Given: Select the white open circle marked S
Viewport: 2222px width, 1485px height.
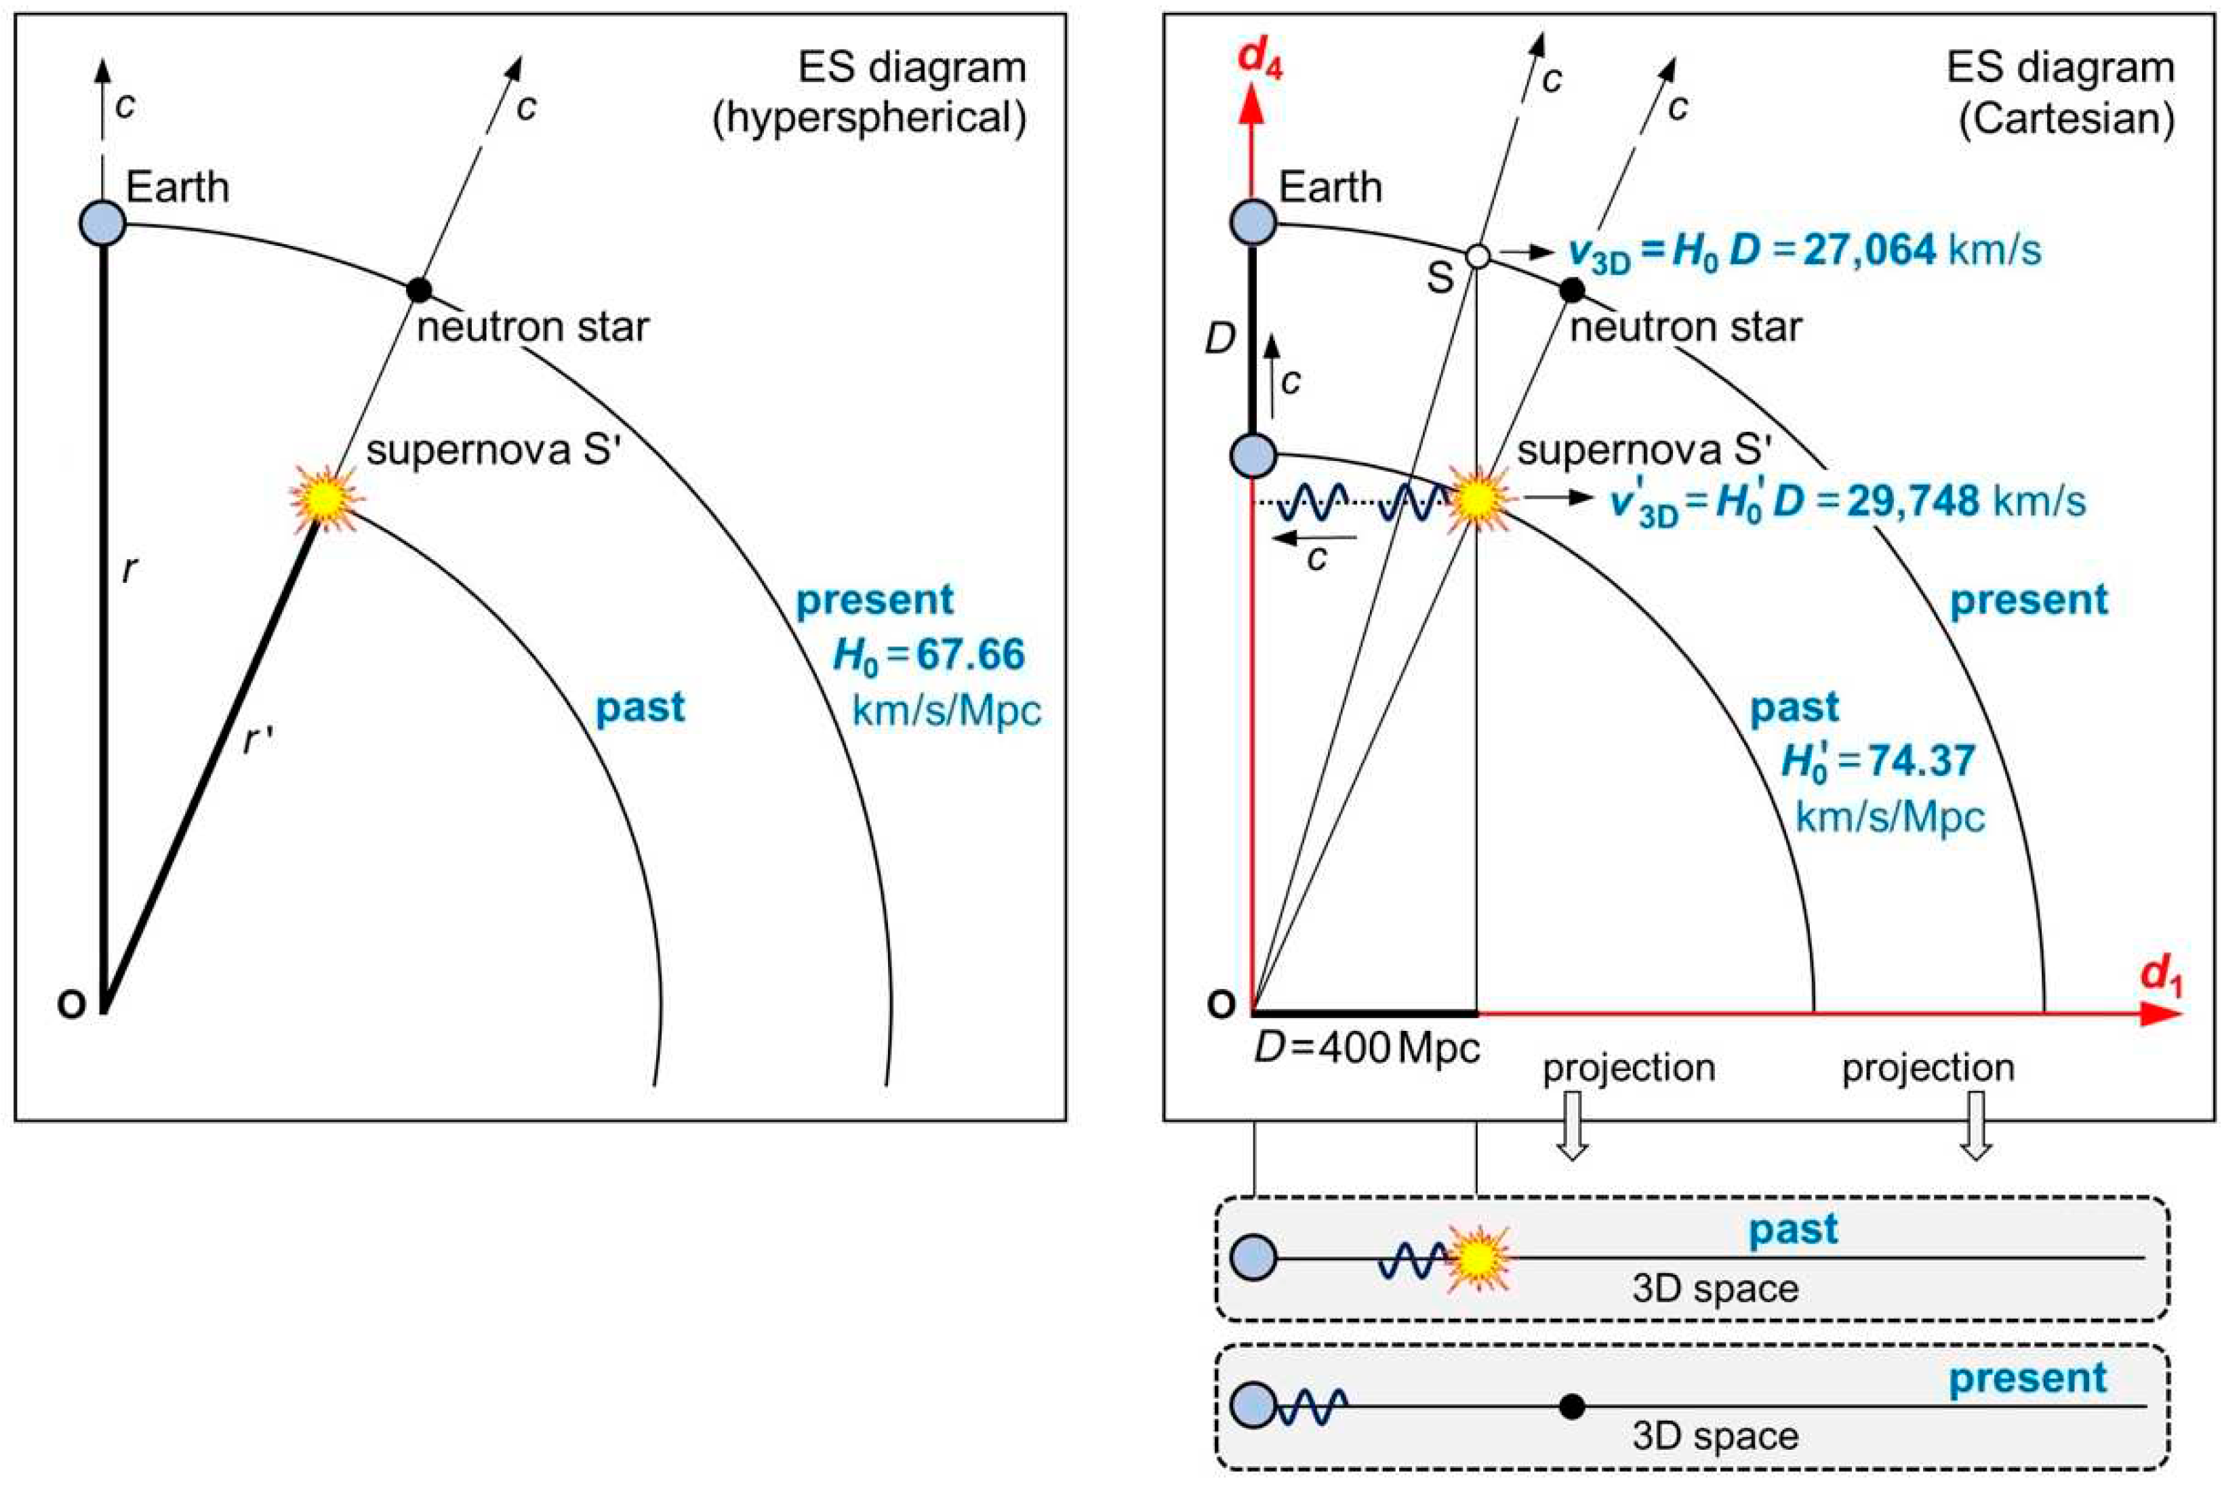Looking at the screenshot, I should [1476, 256].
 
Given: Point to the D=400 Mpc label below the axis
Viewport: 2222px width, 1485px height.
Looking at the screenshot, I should [1367, 1049].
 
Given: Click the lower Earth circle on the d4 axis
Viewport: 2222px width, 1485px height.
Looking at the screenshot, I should [1253, 455].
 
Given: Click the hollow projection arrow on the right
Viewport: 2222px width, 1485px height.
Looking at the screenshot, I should [1976, 1125].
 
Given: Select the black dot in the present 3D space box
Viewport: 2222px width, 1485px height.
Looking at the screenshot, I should [1571, 1406].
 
